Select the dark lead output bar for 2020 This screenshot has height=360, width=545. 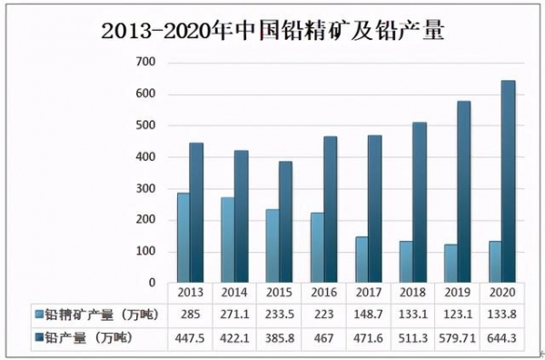(x=509, y=182)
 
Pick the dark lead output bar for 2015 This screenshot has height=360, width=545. (x=286, y=222)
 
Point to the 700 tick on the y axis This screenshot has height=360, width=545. (x=145, y=62)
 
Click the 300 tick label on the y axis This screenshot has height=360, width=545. (x=145, y=188)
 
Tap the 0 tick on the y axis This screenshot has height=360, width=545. (x=152, y=283)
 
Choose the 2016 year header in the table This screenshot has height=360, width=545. (x=324, y=293)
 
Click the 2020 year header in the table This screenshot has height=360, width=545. (x=502, y=293)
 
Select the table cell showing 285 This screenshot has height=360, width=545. (x=191, y=315)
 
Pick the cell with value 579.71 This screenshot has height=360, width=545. (x=458, y=337)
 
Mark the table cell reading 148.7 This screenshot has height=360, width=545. (x=369, y=315)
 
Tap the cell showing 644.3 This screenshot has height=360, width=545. (x=502, y=337)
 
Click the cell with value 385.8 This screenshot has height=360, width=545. (x=280, y=337)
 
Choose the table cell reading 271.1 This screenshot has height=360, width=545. (x=235, y=315)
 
